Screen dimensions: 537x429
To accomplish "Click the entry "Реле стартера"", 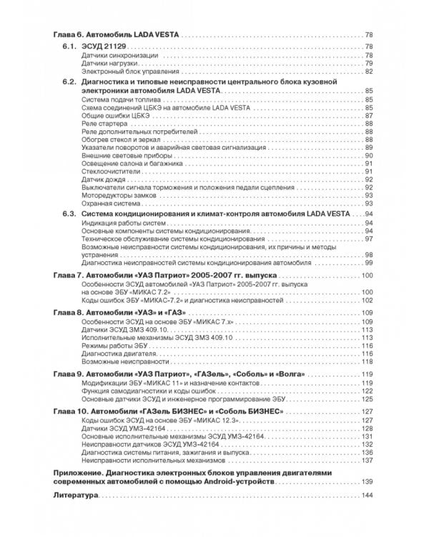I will point(104,123).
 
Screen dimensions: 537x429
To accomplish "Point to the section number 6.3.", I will point(69,214).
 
